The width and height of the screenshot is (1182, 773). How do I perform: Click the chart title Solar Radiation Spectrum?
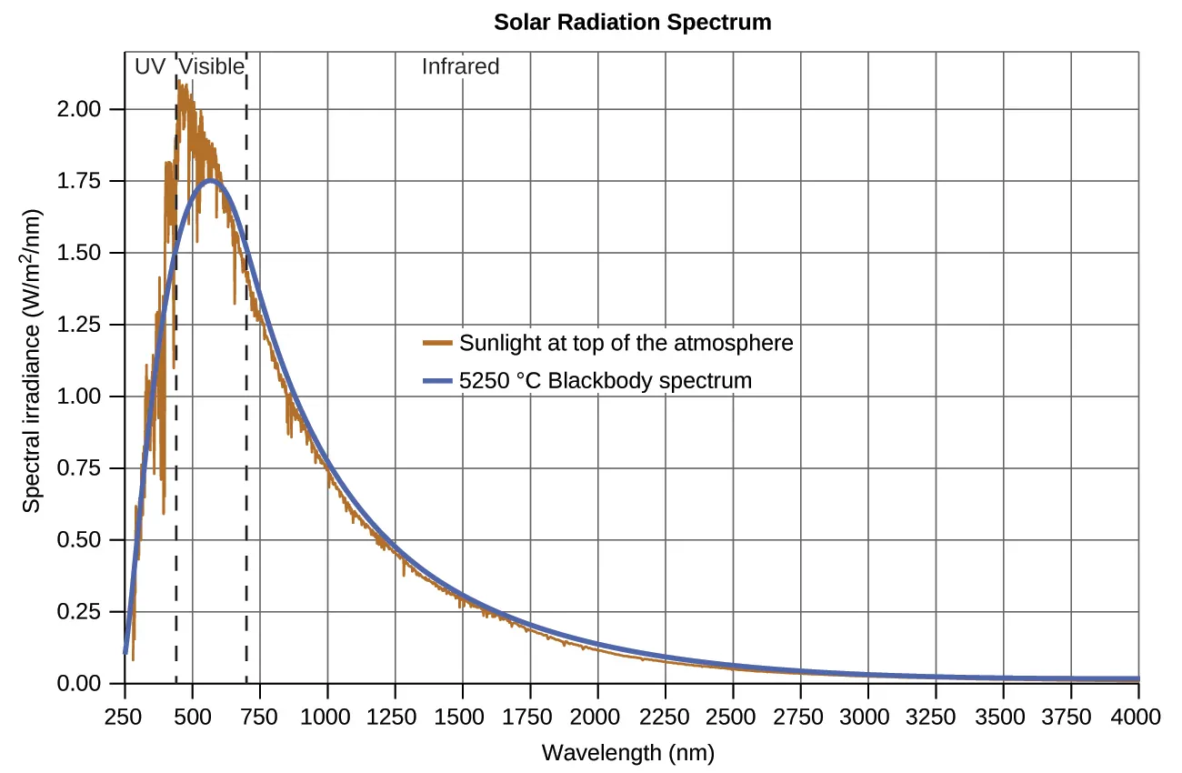pyautogui.click(x=632, y=23)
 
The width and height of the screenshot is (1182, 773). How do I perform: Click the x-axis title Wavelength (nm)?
pyautogui.click(x=627, y=753)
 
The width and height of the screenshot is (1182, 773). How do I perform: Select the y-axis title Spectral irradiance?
pyautogui.click(x=32, y=396)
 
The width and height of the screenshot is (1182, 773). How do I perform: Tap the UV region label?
pyautogui.click(x=149, y=66)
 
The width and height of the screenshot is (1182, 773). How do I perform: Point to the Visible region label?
pyautogui.click(x=211, y=66)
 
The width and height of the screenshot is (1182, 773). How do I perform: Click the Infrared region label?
pyautogui.click(x=460, y=66)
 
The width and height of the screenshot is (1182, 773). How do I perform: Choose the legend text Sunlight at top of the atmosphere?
pyautogui.click(x=626, y=343)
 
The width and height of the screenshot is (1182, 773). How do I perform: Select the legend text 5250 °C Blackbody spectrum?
pyautogui.click(x=606, y=380)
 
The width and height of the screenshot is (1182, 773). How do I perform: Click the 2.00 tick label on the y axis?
pyautogui.click(x=78, y=109)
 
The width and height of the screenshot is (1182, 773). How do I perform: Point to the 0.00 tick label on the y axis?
pyautogui.click(x=78, y=683)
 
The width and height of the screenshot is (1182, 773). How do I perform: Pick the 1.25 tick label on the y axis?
pyautogui.click(x=78, y=325)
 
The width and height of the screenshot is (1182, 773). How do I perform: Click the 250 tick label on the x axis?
pyautogui.click(x=125, y=715)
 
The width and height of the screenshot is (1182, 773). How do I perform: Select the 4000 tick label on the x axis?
pyautogui.click(x=1138, y=715)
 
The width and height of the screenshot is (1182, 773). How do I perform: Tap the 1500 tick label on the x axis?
pyautogui.click(x=462, y=715)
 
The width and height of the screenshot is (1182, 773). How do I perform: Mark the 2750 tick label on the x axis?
pyautogui.click(x=800, y=715)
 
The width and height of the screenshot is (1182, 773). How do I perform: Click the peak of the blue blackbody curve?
pyautogui.click(x=211, y=181)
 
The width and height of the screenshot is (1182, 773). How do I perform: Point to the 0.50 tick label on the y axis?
pyautogui.click(x=78, y=540)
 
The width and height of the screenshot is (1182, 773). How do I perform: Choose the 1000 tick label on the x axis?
pyautogui.click(x=327, y=715)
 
